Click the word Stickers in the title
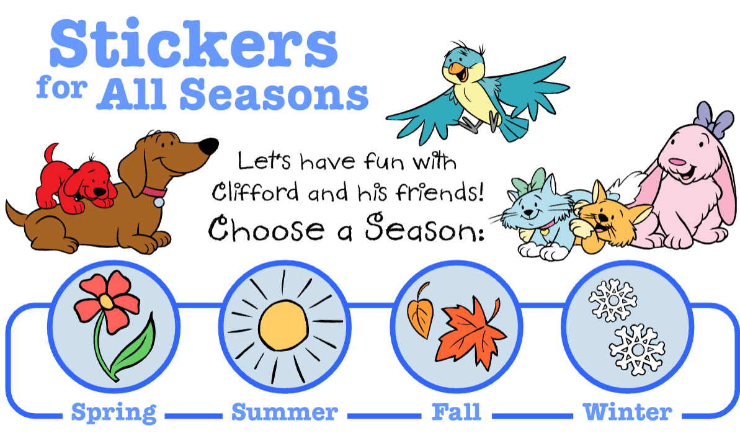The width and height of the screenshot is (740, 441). (x=194, y=44)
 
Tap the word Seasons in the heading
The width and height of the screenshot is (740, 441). (x=274, y=94)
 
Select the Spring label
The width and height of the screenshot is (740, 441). (x=114, y=413)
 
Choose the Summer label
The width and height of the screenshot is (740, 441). (x=285, y=412)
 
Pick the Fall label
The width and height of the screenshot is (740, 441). (x=457, y=412)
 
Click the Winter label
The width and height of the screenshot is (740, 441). (x=628, y=412)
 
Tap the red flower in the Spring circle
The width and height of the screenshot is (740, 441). (x=107, y=301)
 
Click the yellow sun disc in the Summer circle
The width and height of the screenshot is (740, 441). (x=283, y=326)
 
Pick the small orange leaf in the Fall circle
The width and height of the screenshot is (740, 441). (x=421, y=312)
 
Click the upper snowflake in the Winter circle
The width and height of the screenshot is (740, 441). (x=613, y=300)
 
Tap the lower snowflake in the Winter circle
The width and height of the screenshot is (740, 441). (x=637, y=349)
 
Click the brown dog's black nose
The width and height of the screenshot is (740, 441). (x=208, y=146)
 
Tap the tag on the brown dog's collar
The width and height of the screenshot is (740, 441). (x=159, y=202)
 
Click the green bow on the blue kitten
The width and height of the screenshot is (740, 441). (x=528, y=182)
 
